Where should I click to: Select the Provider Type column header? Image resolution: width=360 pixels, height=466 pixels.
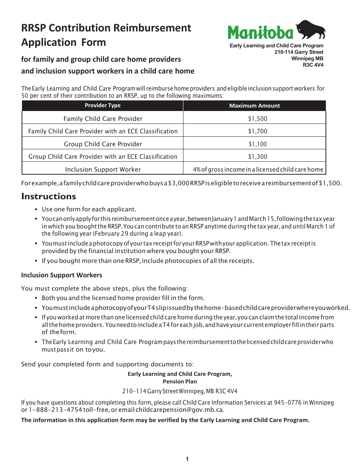102,106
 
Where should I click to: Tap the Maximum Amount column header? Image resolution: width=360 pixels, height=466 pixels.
254,106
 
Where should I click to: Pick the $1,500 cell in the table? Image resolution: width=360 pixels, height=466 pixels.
258,119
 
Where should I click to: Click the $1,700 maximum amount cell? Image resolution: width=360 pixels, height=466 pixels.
258,131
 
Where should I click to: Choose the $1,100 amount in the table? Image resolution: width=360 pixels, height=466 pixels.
258,144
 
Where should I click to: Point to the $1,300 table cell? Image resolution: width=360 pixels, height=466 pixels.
258,156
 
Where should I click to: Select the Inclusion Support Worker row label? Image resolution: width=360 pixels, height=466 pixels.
103,169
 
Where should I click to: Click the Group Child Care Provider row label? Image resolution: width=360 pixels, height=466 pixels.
103,144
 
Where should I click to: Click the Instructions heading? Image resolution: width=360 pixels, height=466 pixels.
49,196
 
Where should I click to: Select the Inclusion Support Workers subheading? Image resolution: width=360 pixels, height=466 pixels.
61,275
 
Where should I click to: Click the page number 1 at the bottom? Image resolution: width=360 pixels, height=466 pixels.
187,460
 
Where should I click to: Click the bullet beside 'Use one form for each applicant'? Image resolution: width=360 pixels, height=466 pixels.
36,210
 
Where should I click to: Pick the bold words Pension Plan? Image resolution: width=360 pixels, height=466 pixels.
180,382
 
